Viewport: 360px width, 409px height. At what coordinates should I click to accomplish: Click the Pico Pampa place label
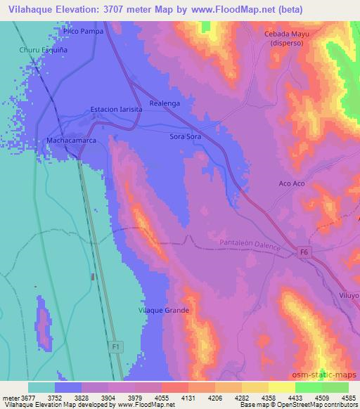point(82,32)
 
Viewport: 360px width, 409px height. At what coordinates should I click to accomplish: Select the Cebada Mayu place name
point(287,34)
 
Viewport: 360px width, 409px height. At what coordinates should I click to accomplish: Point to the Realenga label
point(165,103)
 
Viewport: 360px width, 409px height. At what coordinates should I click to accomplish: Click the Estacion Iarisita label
point(116,110)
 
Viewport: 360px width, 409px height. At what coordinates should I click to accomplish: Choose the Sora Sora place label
point(186,137)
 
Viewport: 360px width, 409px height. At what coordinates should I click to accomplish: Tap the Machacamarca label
point(70,141)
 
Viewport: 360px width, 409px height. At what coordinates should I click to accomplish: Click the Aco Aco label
point(292,183)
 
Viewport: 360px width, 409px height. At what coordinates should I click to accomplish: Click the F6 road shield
point(304,252)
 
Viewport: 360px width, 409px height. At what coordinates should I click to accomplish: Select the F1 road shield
point(116,346)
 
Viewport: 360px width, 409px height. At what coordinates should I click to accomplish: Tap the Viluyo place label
point(349,296)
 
